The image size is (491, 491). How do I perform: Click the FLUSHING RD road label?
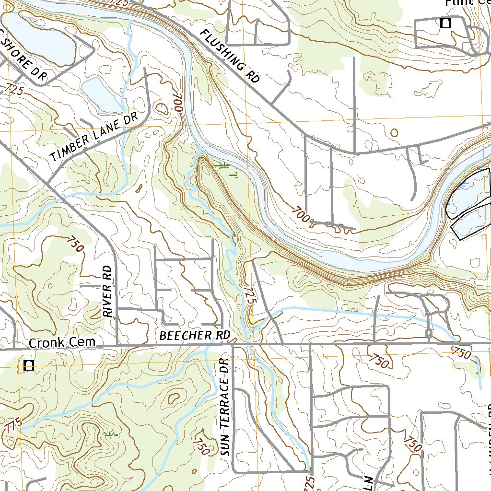coord(229,56)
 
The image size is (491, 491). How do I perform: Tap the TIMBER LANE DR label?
coord(94,137)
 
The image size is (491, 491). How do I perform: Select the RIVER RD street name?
coord(109,292)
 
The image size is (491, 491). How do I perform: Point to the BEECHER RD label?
coord(195,335)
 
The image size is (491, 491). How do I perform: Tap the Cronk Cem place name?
coord(62,343)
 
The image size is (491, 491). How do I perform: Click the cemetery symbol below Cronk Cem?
coord(29,365)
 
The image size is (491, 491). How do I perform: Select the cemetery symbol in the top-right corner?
coord(445,23)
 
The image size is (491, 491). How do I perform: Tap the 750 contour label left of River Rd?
coord(75,244)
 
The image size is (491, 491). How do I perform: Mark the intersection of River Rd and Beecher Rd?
coord(117,344)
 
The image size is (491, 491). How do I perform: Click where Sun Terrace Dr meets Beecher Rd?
coord(233,344)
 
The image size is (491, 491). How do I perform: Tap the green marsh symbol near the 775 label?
coord(110,434)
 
